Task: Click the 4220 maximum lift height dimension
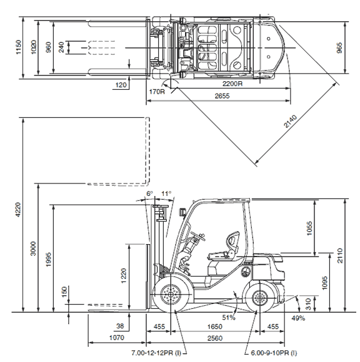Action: [18, 209]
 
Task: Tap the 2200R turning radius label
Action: [232, 84]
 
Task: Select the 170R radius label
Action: [157, 92]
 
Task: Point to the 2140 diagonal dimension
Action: [290, 121]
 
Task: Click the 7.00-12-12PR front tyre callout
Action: [156, 353]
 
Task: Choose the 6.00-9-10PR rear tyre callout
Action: [274, 353]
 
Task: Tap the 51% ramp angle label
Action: [229, 318]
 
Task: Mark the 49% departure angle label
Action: [298, 318]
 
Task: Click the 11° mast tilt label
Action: [166, 193]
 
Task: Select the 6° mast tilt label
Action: [149, 193]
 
